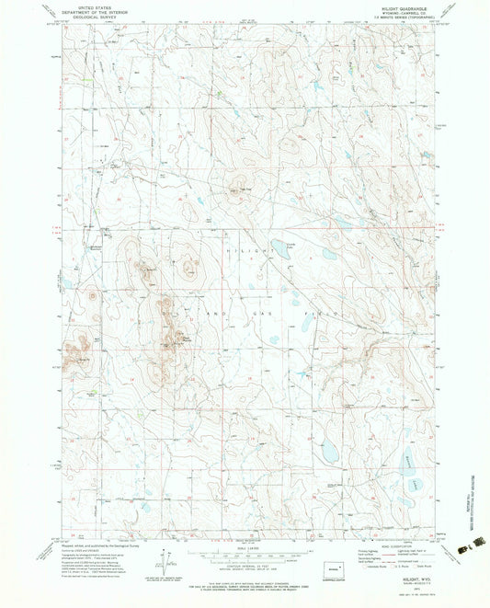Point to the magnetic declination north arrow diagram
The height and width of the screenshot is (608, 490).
point(163,563)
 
